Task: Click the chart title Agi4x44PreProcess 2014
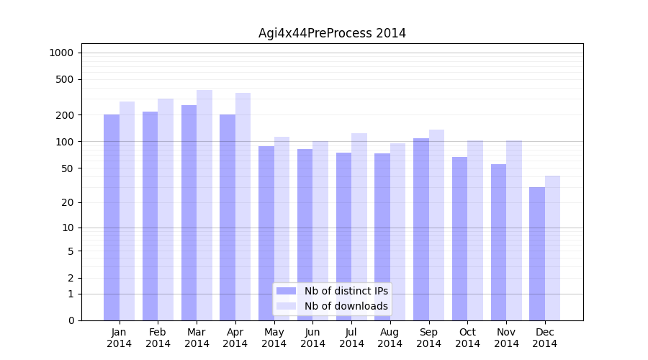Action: pyautogui.click(x=332, y=33)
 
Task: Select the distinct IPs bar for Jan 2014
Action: pyautogui.click(x=112, y=216)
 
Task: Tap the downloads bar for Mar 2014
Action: pyautogui.click(x=204, y=205)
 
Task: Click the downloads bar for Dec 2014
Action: pyautogui.click(x=553, y=248)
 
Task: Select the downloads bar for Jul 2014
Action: pyautogui.click(x=359, y=226)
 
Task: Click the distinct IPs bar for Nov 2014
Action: pyautogui.click(x=498, y=242)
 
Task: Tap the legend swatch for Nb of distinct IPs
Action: pyautogui.click(x=286, y=291)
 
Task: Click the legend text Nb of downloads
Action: pyautogui.click(x=346, y=306)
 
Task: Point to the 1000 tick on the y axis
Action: pyautogui.click(x=61, y=53)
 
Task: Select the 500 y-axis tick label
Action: pyautogui.click(x=64, y=79)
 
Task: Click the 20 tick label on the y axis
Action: pyautogui.click(x=67, y=202)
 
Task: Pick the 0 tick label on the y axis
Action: pyautogui.click(x=70, y=320)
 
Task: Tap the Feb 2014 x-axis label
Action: pyautogui.click(x=158, y=338)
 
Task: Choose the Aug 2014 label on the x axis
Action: pyautogui.click(x=390, y=338)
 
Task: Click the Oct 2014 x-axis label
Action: pyautogui.click(x=467, y=338)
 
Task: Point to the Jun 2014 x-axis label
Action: pyautogui.click(x=312, y=338)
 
